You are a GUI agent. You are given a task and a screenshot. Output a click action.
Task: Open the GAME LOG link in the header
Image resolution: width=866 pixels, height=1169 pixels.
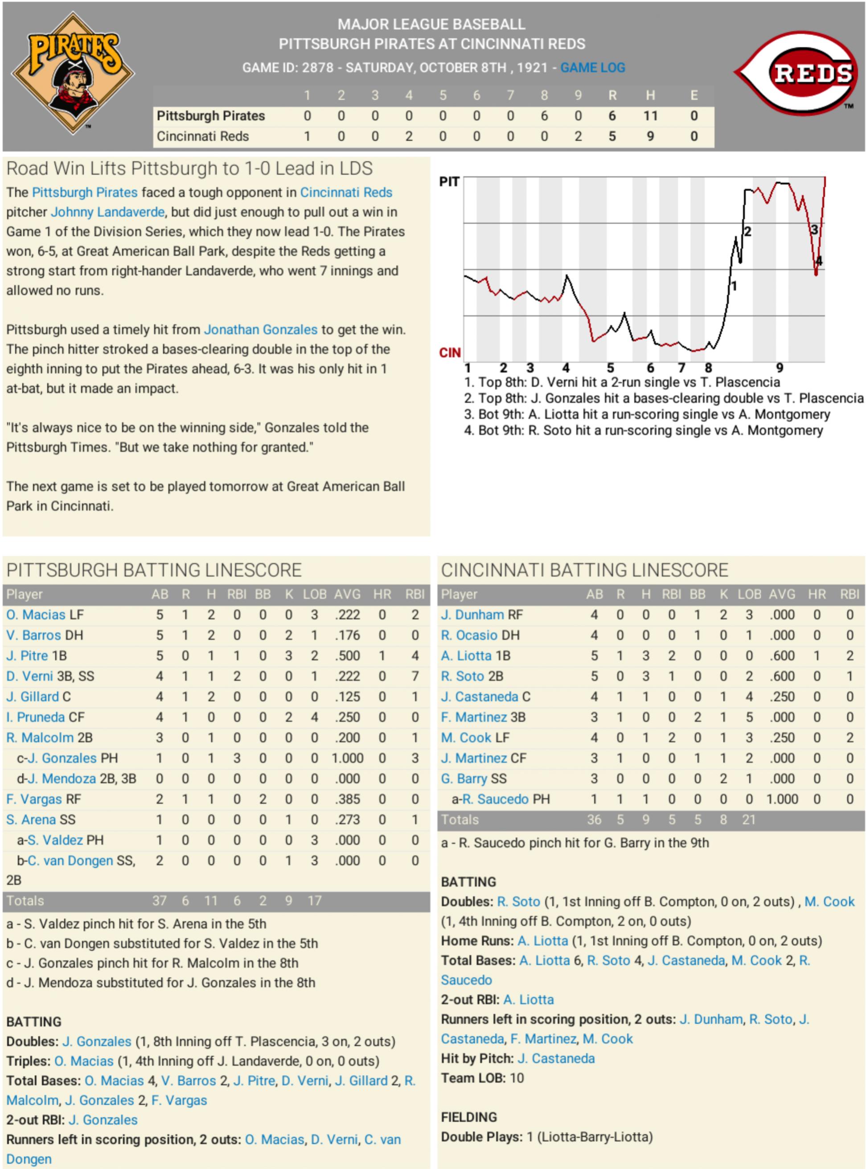point(592,68)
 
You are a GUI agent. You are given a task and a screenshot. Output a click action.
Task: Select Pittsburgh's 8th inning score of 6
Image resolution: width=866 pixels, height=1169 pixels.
point(544,116)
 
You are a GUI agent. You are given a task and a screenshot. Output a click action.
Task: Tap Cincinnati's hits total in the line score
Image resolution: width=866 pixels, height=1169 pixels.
point(650,136)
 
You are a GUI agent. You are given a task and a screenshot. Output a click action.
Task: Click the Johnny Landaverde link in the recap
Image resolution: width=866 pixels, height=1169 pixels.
point(107,212)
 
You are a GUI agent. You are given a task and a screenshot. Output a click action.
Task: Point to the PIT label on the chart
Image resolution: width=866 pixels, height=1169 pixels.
point(449,182)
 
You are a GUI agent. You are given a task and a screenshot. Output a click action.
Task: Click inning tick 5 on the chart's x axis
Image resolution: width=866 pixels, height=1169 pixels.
point(610,368)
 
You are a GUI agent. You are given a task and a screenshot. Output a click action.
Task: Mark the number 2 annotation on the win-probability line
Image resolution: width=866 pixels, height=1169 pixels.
point(747,231)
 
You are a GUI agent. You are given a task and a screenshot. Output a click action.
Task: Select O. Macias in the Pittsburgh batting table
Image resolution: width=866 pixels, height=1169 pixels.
point(36,615)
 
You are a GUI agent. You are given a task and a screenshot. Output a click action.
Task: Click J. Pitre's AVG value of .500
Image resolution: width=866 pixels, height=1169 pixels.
point(348,655)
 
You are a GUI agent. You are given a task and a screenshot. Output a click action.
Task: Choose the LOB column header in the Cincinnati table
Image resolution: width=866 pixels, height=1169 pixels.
point(749,594)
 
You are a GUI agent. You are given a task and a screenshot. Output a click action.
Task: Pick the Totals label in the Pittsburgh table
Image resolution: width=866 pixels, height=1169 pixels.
point(25,901)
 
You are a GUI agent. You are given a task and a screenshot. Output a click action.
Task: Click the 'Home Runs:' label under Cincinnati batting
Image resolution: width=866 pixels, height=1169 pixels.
point(477,941)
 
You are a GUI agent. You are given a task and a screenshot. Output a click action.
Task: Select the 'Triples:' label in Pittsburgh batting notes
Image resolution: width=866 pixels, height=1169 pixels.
point(29,1061)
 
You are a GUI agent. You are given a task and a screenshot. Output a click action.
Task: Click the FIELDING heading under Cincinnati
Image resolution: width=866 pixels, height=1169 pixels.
point(468,1117)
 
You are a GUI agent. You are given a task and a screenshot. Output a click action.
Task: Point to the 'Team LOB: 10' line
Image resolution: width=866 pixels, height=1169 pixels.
point(482,1078)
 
